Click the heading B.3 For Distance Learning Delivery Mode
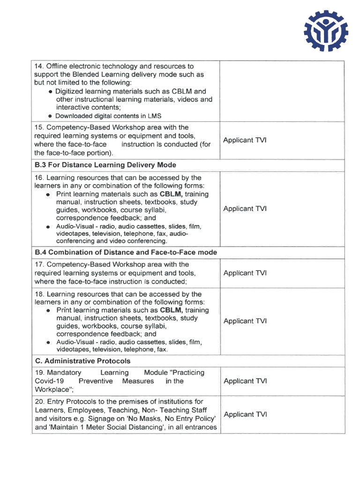click(105, 165)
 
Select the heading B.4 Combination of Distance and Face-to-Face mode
click(126, 252)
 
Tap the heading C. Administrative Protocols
click(82, 361)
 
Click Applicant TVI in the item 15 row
click(245, 140)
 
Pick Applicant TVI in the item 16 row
click(245, 209)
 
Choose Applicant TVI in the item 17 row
click(245, 273)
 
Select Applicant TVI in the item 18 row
click(245, 321)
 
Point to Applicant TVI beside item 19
click(245, 381)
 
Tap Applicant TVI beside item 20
click(245, 414)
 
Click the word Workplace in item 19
click(53, 390)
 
